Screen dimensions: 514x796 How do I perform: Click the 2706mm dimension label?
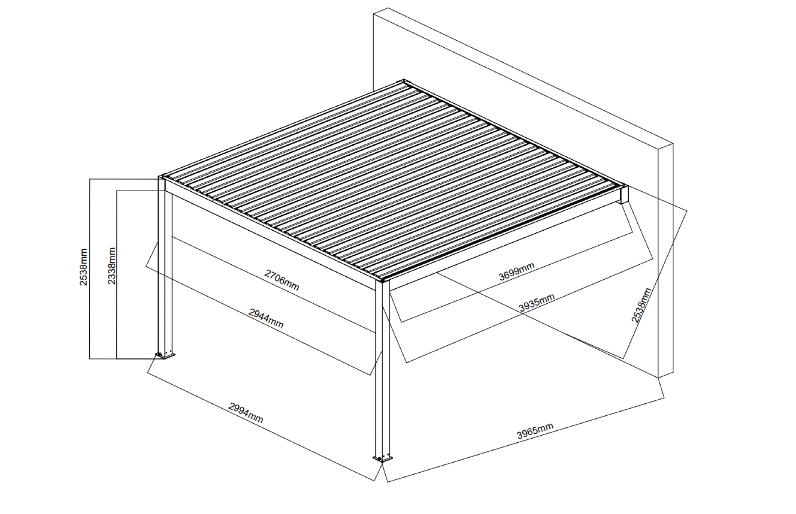(x=282, y=280)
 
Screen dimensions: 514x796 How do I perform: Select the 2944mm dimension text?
(x=266, y=319)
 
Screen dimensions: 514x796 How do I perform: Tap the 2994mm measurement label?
(x=246, y=413)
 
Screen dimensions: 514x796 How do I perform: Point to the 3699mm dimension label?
(x=517, y=271)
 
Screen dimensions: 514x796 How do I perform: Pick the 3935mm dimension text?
(x=536, y=303)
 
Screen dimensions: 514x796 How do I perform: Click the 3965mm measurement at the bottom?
(x=535, y=431)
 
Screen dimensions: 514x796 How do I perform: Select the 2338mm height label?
(x=112, y=266)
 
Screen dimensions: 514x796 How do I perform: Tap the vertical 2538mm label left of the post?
(x=84, y=267)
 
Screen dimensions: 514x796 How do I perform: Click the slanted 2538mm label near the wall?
(x=641, y=306)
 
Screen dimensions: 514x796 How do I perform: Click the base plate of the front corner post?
(x=383, y=458)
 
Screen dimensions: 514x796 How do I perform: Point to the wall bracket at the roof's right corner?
(x=624, y=194)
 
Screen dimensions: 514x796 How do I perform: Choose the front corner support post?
(x=382, y=367)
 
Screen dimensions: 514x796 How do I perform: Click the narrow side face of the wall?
(x=666, y=261)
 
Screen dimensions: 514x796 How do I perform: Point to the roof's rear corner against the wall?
(x=404, y=81)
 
